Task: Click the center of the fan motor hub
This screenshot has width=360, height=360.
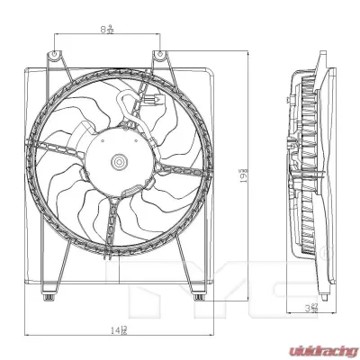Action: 120,163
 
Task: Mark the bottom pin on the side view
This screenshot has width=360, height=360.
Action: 312,296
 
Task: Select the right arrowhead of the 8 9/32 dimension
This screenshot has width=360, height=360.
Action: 161,35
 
